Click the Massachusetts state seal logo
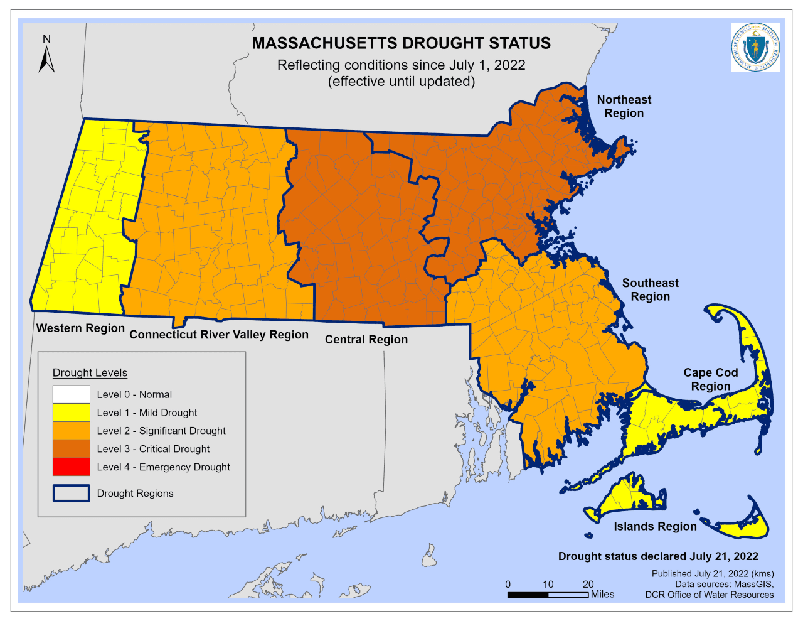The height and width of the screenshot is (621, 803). click(x=755, y=47)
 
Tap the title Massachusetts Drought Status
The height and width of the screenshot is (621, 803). click(x=401, y=43)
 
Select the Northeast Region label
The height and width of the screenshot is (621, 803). click(x=624, y=106)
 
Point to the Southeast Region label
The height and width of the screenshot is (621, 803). click(x=650, y=289)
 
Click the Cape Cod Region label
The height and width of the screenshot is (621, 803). click(x=710, y=379)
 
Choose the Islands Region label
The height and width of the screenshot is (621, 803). click(x=655, y=526)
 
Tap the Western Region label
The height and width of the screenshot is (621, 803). click(x=80, y=328)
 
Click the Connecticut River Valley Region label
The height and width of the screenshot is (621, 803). click(x=219, y=335)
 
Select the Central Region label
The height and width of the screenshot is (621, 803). click(x=366, y=340)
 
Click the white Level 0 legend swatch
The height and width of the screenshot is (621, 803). click(x=71, y=394)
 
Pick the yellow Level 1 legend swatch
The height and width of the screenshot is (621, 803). click(x=71, y=413)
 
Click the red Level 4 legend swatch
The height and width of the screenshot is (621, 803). click(x=71, y=467)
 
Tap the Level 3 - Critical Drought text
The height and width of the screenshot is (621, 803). click(x=153, y=449)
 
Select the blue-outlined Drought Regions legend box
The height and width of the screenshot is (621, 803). click(x=71, y=494)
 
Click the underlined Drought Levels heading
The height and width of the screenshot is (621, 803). click(x=90, y=373)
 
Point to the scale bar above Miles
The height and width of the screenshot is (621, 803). click(x=548, y=595)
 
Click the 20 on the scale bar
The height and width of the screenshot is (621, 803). click(x=588, y=584)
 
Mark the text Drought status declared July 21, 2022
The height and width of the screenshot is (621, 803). click(x=658, y=556)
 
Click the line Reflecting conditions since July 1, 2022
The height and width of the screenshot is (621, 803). click(x=401, y=65)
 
